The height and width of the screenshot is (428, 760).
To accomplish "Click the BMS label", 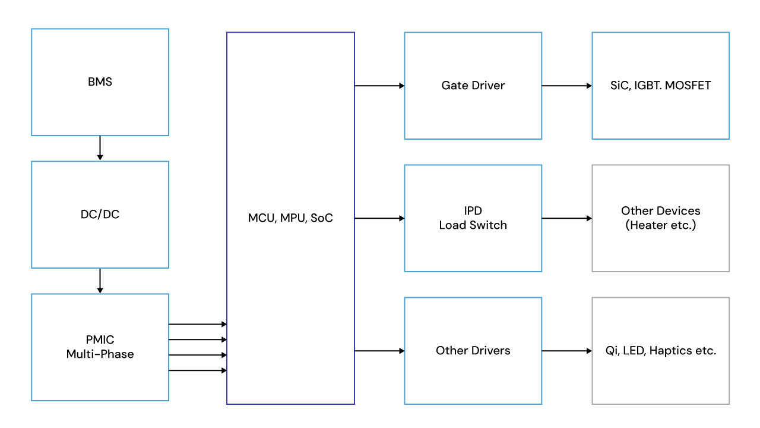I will pyautogui.click(x=100, y=82).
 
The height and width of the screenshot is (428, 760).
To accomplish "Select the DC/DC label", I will pyautogui.click(x=100, y=215).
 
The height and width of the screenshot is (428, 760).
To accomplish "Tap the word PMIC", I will pyautogui.click(x=100, y=340).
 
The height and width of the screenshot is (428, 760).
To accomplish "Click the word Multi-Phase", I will pyautogui.click(x=100, y=354).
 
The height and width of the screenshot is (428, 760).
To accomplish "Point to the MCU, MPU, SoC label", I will pyautogui.click(x=290, y=218).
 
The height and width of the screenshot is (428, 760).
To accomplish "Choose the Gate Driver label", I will pyautogui.click(x=473, y=86).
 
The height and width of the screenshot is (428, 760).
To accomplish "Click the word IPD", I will pyautogui.click(x=473, y=211).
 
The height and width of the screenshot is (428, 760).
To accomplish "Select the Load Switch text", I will pyautogui.click(x=473, y=225).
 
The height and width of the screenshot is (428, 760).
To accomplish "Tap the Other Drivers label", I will pyautogui.click(x=473, y=351).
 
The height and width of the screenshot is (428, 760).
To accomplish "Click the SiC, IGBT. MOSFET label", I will pyautogui.click(x=660, y=86).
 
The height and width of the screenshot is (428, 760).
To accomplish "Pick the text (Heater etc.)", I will pyautogui.click(x=660, y=225).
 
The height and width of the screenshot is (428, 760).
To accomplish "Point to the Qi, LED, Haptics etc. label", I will pyautogui.click(x=660, y=351).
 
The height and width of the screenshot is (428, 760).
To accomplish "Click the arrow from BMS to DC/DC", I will pyautogui.click(x=100, y=148).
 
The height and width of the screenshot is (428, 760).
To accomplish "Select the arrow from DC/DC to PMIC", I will pyautogui.click(x=100, y=281).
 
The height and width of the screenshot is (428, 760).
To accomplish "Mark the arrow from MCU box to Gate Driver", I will pyautogui.click(x=379, y=86).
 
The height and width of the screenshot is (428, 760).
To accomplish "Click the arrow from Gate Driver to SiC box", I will pyautogui.click(x=566, y=86).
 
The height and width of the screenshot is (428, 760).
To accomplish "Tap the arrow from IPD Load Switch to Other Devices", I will pyautogui.click(x=566, y=218).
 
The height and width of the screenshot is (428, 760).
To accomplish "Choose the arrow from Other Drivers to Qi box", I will pyautogui.click(x=566, y=351).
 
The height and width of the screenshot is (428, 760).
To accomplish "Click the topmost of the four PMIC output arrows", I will pyautogui.click(x=198, y=324).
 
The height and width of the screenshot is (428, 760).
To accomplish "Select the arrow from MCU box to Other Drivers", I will pyautogui.click(x=379, y=351).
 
